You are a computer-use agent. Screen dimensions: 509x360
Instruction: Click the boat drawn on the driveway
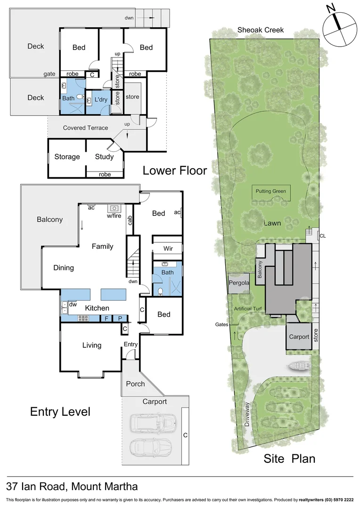pos(298,365)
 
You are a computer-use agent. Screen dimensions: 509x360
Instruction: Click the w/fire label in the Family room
pos(115,216)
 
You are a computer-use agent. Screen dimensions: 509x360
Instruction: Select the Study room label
pos(104,156)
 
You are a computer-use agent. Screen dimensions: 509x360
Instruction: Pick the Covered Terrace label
pos(85,128)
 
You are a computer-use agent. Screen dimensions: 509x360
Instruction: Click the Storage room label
pos(67,156)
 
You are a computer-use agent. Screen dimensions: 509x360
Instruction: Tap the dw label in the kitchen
pos(73,305)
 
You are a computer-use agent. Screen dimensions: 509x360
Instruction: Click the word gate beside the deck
pos(49,74)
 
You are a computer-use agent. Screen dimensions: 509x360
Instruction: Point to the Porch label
pos(135,384)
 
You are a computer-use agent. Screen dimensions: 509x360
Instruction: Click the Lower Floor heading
pos(174,171)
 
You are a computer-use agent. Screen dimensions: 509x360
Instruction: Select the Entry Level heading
pos(60,411)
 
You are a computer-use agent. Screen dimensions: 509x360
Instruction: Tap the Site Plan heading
pos(289,459)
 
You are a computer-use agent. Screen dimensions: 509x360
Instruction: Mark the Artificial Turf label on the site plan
pos(250,309)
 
